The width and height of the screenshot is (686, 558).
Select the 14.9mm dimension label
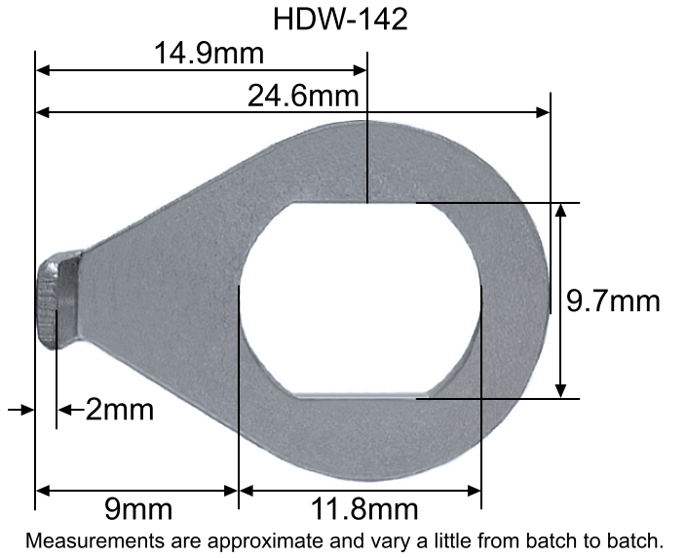coord(202,54)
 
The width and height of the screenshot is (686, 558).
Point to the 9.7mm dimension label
coord(614,300)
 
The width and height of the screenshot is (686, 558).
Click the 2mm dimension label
coord(119,409)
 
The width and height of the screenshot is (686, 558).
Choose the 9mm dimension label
coord(137,508)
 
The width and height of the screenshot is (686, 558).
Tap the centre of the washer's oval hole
coord(360,300)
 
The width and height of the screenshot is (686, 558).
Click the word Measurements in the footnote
coord(87,539)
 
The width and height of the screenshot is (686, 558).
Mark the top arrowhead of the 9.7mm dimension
coord(560,210)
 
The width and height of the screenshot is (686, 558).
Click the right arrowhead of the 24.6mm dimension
coord(544,113)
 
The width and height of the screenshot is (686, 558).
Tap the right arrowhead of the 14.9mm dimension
coord(360,70)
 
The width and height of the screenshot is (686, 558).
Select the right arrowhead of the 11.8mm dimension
coord(474,490)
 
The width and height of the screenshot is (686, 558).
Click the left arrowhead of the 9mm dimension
coord(43,490)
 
